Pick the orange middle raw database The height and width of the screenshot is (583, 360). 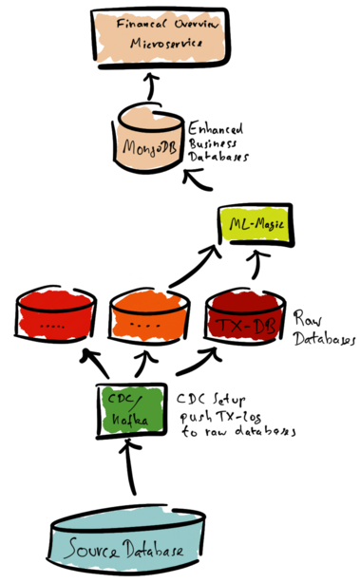pyautogui.click(x=148, y=320)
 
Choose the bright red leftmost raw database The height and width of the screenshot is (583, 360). pyautogui.click(x=55, y=321)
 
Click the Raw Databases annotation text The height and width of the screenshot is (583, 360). pyautogui.click(x=320, y=328)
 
